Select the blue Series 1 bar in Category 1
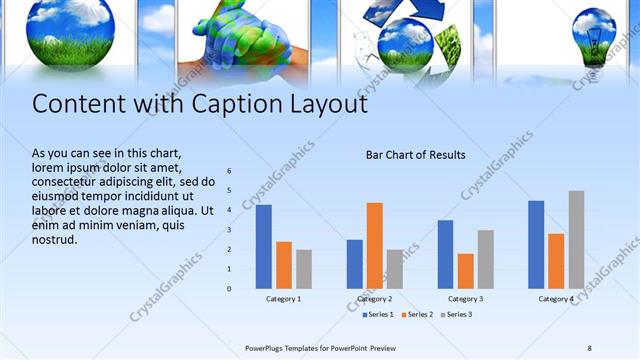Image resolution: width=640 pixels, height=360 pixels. [x=263, y=246]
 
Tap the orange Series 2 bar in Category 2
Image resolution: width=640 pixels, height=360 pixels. [x=375, y=245]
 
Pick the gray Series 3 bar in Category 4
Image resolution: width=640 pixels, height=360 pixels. [x=576, y=239]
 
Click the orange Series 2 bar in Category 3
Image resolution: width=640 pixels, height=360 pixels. [x=466, y=271]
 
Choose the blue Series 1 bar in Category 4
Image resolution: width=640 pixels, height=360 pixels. [x=536, y=244]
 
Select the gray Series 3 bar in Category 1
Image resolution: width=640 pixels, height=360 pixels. [x=304, y=269]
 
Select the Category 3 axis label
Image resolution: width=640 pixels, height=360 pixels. [x=465, y=299]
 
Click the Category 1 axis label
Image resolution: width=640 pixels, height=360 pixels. [x=284, y=299]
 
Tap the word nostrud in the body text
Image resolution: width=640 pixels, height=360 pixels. [x=55, y=240]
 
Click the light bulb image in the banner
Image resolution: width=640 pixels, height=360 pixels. [x=596, y=38]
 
